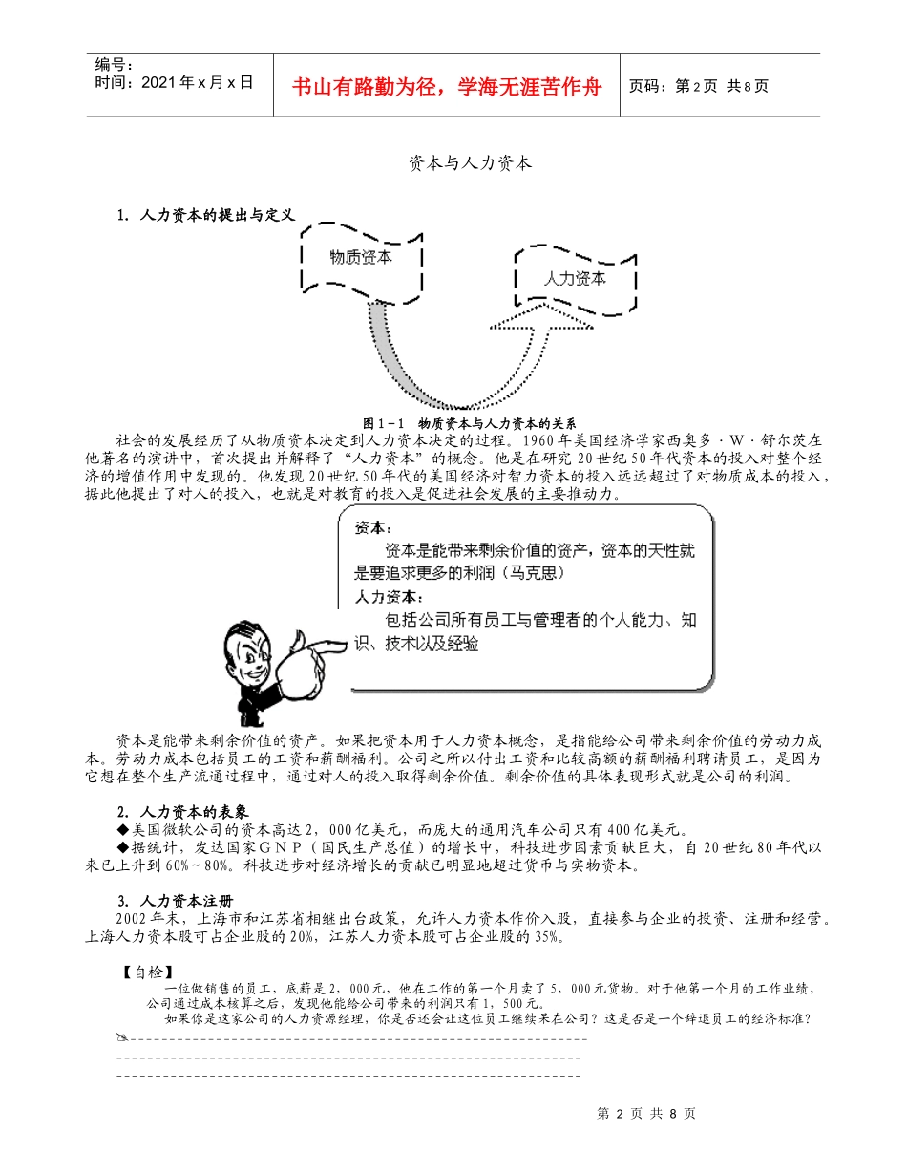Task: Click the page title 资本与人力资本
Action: (470, 163)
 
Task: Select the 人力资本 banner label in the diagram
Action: (575, 280)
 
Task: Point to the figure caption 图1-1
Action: (473, 423)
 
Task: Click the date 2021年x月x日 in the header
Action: (174, 82)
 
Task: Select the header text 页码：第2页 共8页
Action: (699, 86)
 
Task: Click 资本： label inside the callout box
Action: (372, 528)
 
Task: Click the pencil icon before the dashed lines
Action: (121, 1036)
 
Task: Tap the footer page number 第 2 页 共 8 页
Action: (645, 1113)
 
